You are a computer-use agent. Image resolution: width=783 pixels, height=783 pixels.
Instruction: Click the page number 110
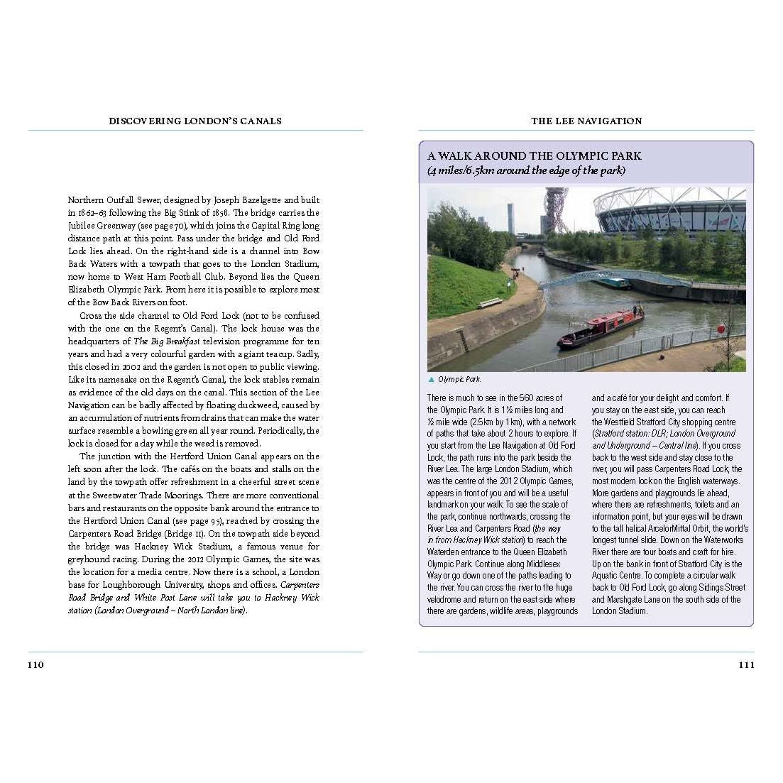coord(35,665)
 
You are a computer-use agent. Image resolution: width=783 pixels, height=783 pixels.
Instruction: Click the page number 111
coord(746,665)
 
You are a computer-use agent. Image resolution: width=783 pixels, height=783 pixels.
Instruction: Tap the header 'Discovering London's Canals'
coord(195,121)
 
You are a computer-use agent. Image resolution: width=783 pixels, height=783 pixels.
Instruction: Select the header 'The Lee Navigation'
coord(586,121)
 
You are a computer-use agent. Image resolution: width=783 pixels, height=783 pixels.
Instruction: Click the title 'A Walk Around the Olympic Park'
coord(534,155)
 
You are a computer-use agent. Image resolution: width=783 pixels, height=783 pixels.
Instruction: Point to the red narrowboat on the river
coord(600,328)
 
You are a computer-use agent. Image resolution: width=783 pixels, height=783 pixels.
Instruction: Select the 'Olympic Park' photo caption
coord(459,379)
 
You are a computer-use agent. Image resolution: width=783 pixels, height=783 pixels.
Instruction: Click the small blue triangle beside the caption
coord(431,379)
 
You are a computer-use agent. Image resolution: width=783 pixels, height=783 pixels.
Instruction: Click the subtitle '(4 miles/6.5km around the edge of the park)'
coord(526,170)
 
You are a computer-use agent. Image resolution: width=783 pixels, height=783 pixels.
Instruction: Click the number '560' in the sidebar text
coord(527,398)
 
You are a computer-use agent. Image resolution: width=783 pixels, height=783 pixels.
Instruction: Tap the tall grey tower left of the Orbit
coord(510,217)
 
